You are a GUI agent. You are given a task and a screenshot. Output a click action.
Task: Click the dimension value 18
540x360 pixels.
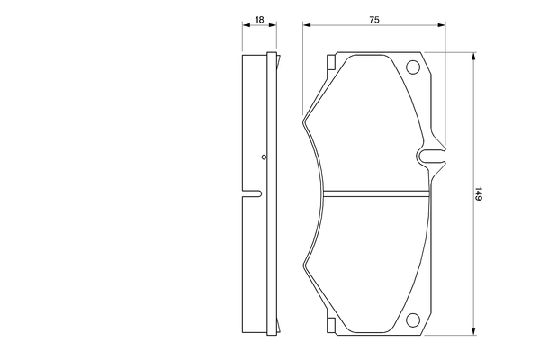(x=259, y=18)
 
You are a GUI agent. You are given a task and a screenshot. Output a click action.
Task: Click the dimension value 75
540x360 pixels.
(x=373, y=18)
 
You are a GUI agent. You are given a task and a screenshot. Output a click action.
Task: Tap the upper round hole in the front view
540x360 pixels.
(x=415, y=67)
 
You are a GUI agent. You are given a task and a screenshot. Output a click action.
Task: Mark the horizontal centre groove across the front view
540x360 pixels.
(x=373, y=193)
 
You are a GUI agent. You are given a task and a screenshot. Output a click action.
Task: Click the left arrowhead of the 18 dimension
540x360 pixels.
(x=246, y=27)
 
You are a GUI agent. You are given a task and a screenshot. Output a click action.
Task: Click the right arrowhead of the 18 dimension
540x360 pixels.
(x=273, y=27)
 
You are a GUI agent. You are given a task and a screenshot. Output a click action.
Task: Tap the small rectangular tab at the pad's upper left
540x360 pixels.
(x=330, y=64)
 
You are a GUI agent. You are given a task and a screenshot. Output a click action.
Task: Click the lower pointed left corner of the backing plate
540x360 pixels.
(x=305, y=269)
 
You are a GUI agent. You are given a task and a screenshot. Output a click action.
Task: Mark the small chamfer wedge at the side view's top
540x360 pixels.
(x=275, y=59)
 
